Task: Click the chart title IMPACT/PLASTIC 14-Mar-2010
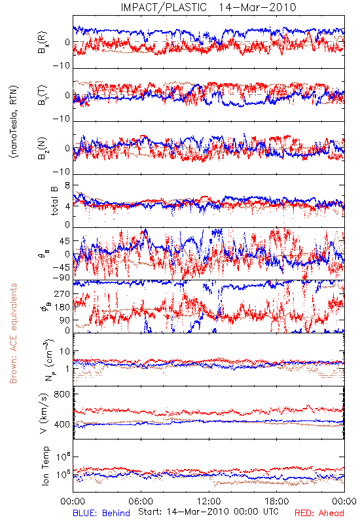pos(208,7)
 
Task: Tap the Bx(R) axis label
pos(43,43)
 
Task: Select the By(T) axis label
pos(43,95)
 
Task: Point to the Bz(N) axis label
pos(43,148)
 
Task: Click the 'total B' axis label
pos(54,201)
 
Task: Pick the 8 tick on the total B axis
pos(67,185)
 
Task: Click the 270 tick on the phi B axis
pos(62,294)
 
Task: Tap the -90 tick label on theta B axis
pos(62,277)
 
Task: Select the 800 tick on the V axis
pos(62,394)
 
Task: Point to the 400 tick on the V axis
pos(62,424)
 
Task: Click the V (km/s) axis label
pos(44,413)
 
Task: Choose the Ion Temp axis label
pos(45,466)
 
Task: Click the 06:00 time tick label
pos(141,502)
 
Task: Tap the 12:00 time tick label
pos(209,502)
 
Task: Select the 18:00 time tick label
pos(277,502)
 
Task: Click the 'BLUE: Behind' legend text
pos(101,514)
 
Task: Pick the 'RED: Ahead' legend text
pos(319,514)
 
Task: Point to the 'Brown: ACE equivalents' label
pos(13,333)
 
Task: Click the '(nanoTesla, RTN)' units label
pos(14,122)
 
